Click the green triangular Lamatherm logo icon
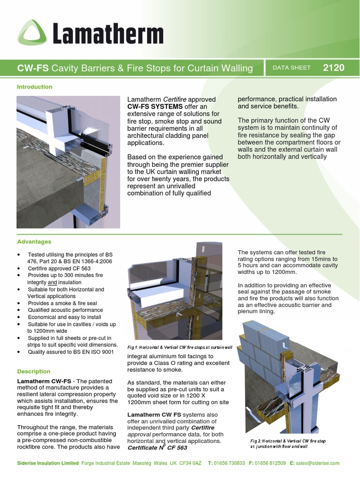[32, 34]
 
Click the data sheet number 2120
[333, 67]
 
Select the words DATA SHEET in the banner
[292, 68]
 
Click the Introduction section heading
[35, 87]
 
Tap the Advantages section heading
[34, 242]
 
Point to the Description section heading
[34, 371]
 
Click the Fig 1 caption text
[180, 347]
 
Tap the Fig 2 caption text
[288, 444]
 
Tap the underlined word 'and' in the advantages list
[53, 283]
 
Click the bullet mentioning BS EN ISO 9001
[70, 352]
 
